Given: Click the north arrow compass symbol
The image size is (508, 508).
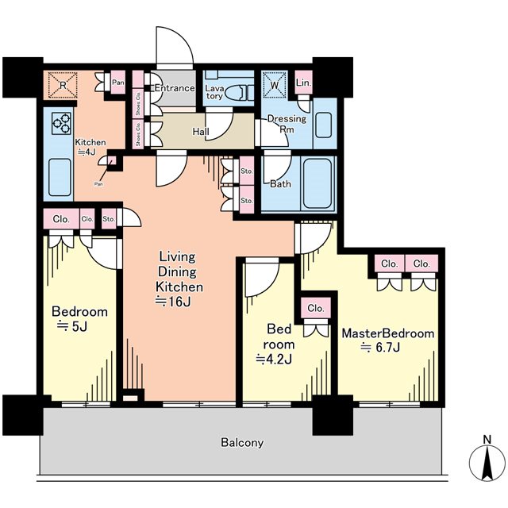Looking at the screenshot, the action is point(487,463).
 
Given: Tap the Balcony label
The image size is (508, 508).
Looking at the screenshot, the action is point(242,442).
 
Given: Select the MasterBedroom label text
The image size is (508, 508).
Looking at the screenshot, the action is point(388,333).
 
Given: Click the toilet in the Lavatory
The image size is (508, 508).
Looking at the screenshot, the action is point(234,93).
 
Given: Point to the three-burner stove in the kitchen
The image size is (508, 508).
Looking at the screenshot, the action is point(62,124).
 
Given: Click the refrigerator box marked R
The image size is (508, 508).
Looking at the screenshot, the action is point(63,85).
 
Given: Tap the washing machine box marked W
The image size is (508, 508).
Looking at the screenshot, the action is point(275,85).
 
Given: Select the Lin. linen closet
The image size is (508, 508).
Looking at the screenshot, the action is point(304,83).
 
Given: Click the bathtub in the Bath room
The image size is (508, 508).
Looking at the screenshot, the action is point(317,183).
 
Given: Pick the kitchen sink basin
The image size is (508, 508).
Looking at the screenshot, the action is point(60,177).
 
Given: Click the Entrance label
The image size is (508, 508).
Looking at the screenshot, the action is point(175,88).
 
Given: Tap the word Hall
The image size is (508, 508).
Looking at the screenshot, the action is point(201,131).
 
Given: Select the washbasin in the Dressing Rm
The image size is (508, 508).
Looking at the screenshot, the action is point(323,125).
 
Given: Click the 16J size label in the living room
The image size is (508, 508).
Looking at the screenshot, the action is point(173,302).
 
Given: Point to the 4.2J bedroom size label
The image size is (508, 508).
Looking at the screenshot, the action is point(274,359).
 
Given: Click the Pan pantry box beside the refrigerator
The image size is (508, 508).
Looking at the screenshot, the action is point(118,83).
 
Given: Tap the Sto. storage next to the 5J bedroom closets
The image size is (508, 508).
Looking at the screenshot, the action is point(109,219).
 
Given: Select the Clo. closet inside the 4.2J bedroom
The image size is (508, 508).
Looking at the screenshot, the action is point(316,308).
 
